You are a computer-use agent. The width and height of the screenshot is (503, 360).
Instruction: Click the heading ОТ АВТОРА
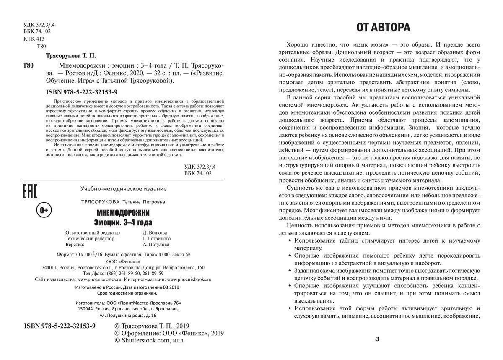[383, 28]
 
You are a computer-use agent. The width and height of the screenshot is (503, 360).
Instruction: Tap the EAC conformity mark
[29, 191]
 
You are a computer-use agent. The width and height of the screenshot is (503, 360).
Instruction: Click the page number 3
[377, 339]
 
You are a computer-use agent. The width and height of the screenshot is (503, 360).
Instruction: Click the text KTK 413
[34, 39]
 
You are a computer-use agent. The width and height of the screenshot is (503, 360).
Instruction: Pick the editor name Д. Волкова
[155, 232]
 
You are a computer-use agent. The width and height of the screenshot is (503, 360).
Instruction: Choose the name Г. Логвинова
[157, 239]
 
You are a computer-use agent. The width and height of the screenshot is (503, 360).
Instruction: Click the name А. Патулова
[156, 245]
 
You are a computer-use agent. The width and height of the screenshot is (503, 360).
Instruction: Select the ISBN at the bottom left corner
[60, 326]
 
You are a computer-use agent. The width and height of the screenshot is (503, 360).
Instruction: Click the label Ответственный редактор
[93, 232]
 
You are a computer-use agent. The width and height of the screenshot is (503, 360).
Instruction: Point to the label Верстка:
[75, 245]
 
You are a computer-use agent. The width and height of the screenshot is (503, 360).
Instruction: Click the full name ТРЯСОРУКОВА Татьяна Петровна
[123, 202]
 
